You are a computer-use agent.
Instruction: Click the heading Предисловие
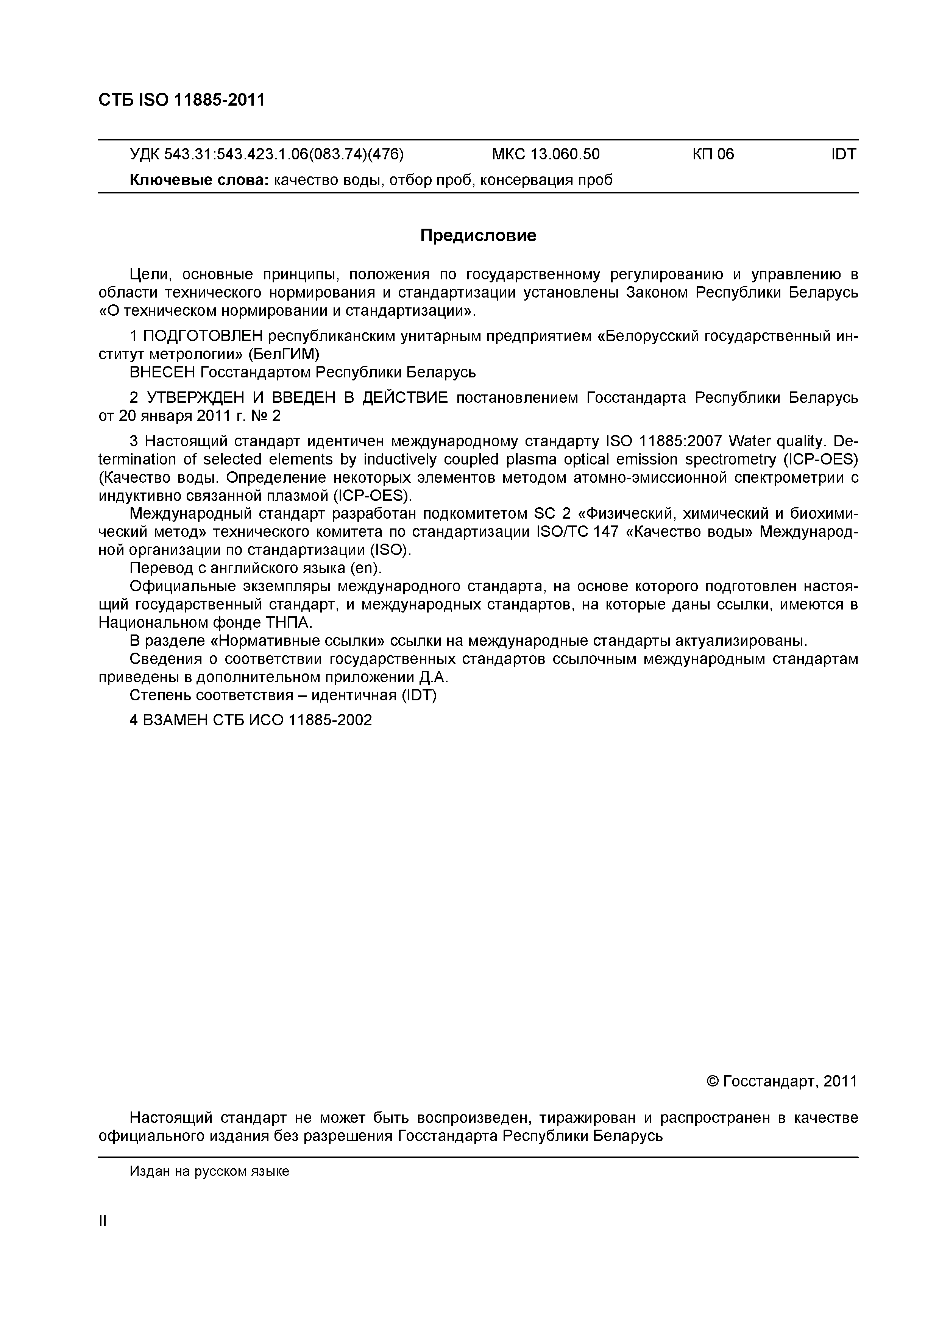coord(478,235)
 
